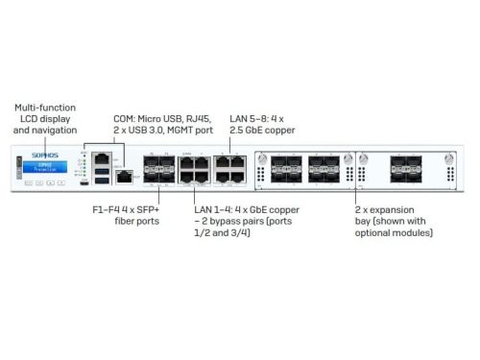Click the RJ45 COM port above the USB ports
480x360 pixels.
(x=102, y=156)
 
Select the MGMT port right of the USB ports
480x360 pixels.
(x=123, y=176)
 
